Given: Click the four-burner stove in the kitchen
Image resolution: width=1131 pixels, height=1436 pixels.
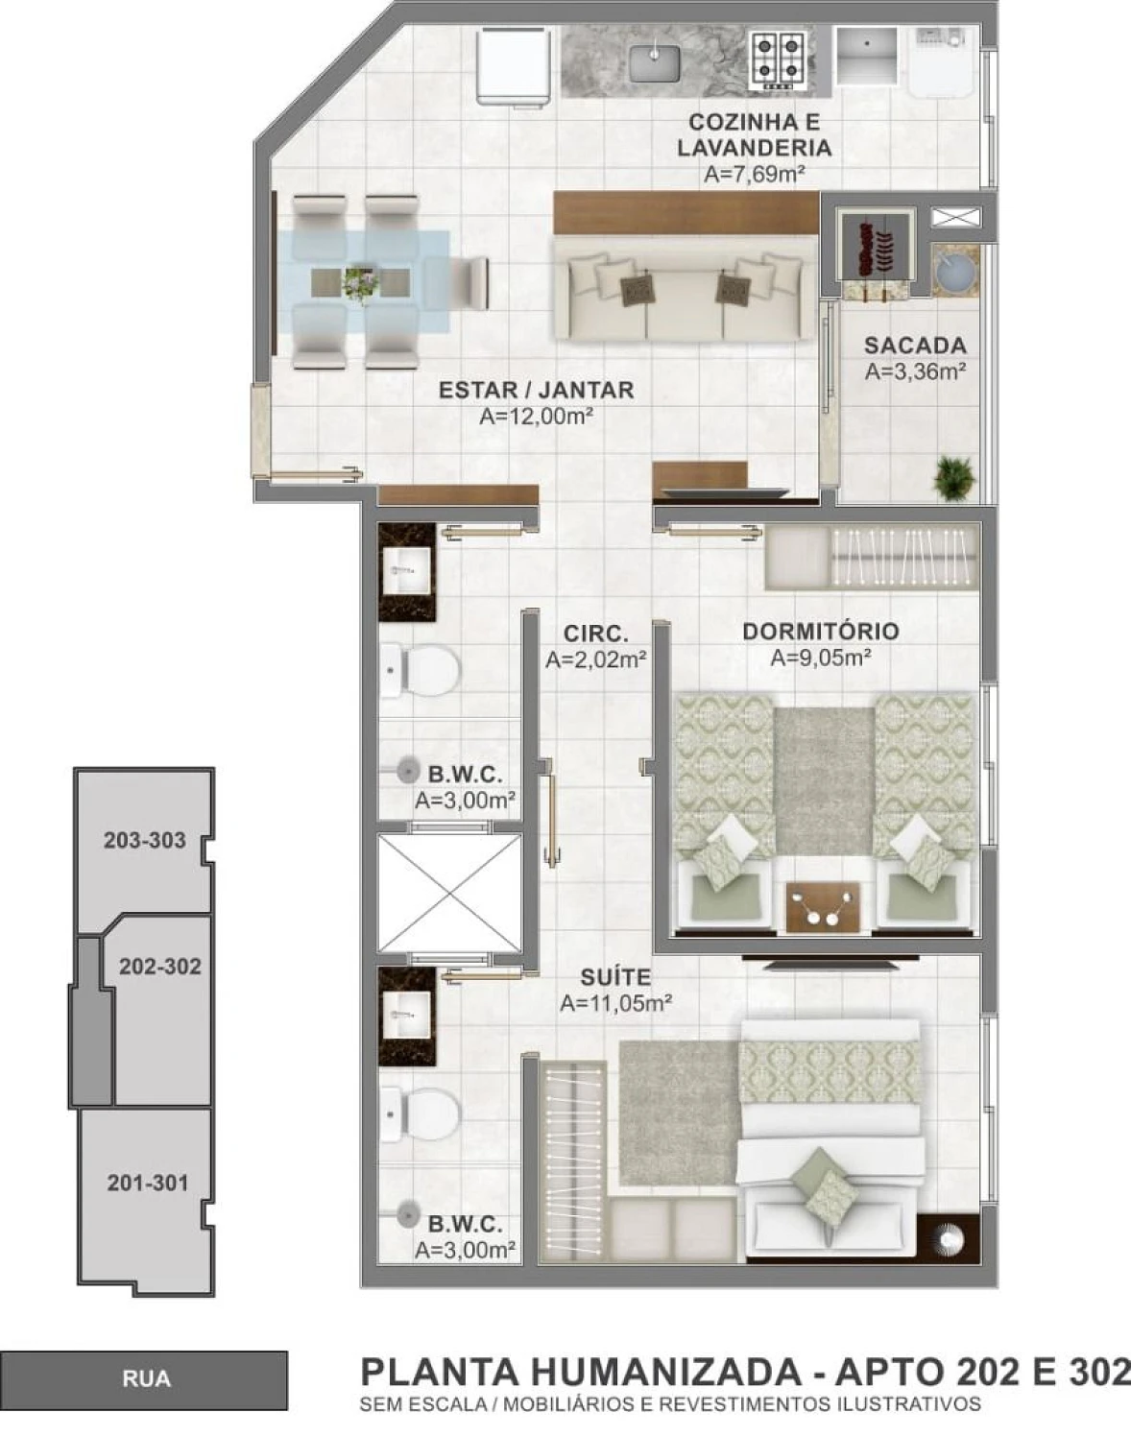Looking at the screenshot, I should click(777, 60).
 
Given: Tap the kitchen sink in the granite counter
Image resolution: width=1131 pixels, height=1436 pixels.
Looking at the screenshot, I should click(656, 61).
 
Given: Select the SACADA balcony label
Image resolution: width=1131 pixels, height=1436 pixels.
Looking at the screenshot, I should click(915, 346).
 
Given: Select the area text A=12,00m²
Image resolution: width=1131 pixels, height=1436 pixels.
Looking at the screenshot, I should click(535, 417).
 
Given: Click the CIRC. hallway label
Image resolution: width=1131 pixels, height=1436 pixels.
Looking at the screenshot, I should click(595, 634).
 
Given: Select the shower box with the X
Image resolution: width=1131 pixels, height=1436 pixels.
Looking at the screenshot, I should click(449, 893).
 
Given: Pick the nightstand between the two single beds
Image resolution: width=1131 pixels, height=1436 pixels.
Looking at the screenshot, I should click(823, 906).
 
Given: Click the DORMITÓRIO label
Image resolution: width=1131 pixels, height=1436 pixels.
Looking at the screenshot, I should click(821, 632).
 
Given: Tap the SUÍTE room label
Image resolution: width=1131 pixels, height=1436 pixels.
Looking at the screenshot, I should click(615, 977).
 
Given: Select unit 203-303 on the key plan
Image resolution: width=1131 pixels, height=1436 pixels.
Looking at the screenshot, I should click(144, 840).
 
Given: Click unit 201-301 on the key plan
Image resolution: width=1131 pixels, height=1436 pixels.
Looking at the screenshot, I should click(146, 1183).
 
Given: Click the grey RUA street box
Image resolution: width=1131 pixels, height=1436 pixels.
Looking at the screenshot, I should click(144, 1378).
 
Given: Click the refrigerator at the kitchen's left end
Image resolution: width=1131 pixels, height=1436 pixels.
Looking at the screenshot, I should click(516, 65).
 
